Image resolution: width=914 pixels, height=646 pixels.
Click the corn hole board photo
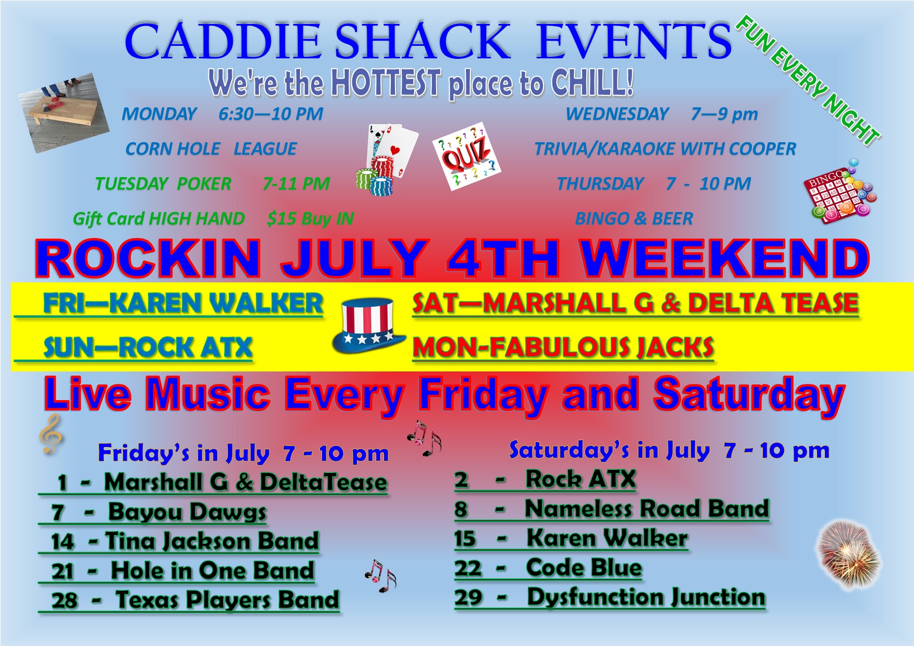click(x=63, y=113)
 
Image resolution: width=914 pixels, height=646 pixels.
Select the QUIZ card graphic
click(x=466, y=156)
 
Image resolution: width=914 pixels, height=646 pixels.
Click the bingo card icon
click(x=841, y=191)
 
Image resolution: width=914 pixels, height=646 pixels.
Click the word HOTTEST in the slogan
click(x=386, y=83)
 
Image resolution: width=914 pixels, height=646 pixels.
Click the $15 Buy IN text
click(x=310, y=219)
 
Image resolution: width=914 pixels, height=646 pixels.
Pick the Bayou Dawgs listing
click(x=187, y=512)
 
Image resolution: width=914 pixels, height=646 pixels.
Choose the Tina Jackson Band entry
click(x=212, y=541)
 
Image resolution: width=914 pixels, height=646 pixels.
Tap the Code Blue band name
click(x=584, y=568)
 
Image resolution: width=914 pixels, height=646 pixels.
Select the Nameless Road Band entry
click(x=647, y=509)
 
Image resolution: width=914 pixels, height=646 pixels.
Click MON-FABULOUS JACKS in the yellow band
click(x=563, y=347)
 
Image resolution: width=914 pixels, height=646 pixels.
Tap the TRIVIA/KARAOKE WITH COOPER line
click(x=665, y=149)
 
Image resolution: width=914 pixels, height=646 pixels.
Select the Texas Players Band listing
click(x=227, y=600)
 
